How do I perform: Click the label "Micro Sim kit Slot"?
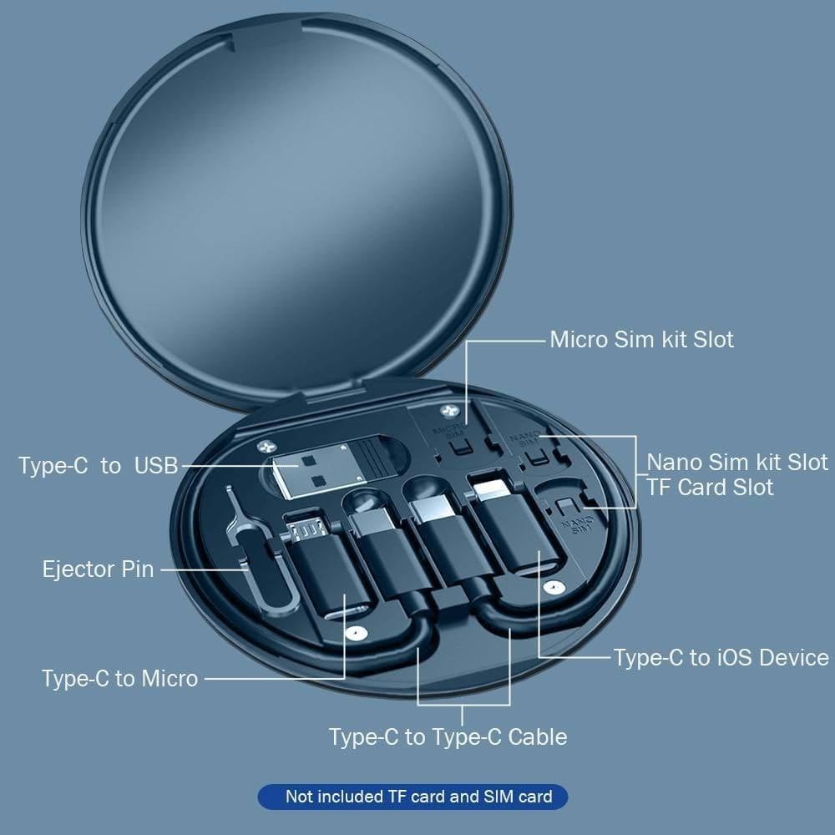(641, 340)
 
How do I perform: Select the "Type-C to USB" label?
(98, 466)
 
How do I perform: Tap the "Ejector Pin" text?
(98, 569)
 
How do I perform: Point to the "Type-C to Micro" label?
(119, 678)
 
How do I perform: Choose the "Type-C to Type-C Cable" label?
(448, 736)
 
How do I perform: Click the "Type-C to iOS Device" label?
(721, 657)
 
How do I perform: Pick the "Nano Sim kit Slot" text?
(737, 462)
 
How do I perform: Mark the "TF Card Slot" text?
(710, 487)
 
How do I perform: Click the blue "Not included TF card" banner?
(412, 797)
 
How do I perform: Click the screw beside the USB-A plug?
(266, 447)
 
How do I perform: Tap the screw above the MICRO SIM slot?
(452, 412)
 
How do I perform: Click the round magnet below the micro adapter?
(357, 634)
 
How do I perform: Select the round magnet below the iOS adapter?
(549, 588)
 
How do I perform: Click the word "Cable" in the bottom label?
(537, 736)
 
